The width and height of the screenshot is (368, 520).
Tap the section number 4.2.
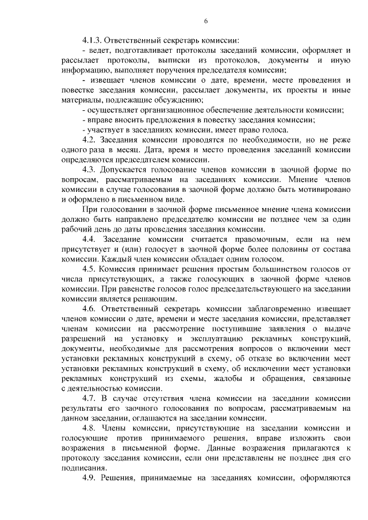tap(90, 140)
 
